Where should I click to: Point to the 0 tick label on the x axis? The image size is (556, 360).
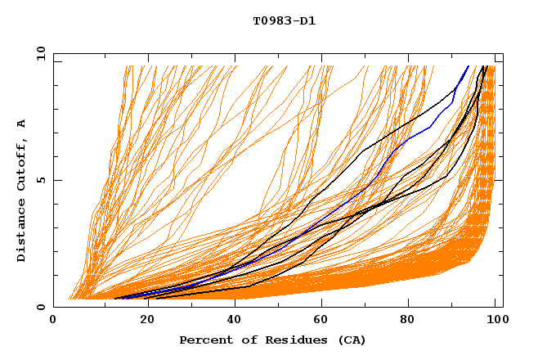(x=53, y=322)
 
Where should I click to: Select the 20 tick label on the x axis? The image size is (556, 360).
(x=141, y=322)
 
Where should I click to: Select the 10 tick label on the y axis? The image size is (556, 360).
(x=38, y=53)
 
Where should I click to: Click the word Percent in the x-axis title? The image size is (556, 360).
(x=205, y=340)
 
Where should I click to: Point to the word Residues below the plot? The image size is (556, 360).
(x=293, y=340)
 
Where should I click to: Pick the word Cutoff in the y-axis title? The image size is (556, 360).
(x=22, y=163)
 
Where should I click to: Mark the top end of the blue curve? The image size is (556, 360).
(x=469, y=66)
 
